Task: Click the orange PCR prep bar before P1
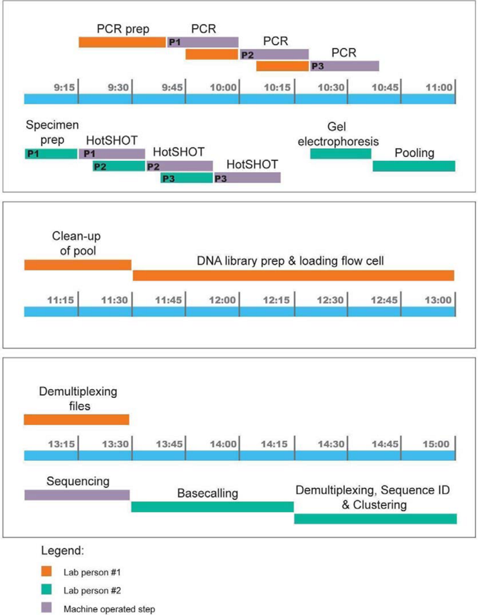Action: [122, 42]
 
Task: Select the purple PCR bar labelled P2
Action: [275, 55]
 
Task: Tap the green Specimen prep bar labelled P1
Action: [51, 154]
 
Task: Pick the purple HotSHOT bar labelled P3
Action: [247, 178]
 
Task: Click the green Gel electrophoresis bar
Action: [341, 154]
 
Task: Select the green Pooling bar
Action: [414, 166]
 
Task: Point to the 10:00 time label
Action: [223, 87]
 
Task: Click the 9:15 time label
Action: [64, 87]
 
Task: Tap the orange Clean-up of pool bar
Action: [78, 265]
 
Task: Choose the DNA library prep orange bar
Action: [294, 275]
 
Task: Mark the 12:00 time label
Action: [223, 300]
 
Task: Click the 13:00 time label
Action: [438, 300]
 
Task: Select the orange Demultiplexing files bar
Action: [76, 420]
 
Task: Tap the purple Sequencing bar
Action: [77, 495]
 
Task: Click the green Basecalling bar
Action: [212, 506]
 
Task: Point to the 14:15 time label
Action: [275, 444]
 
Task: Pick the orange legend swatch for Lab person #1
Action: [46, 571]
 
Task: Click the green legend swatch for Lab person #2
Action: [46, 590]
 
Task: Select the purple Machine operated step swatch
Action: [46, 607]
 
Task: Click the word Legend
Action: [62, 551]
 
